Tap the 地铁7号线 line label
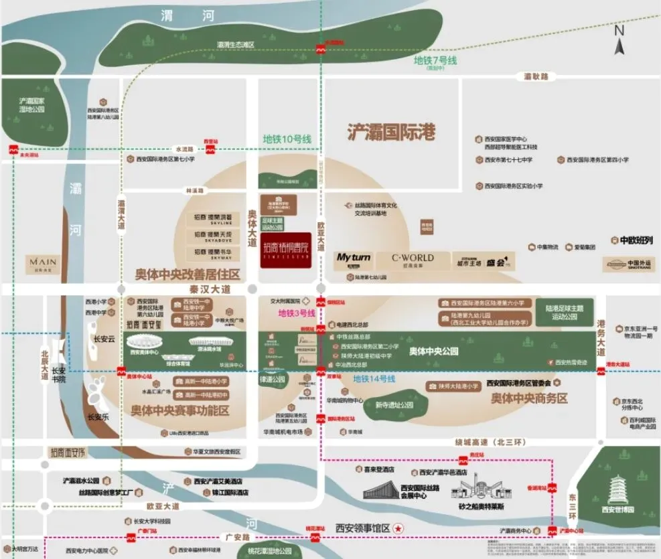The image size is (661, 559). coord(435,61)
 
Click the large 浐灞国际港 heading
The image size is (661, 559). coord(391,132)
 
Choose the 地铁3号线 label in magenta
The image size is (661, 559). coord(296,313)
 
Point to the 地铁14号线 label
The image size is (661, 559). coord(374,379)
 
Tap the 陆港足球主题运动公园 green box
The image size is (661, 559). coord(564,313)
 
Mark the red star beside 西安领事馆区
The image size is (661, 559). coord(399,528)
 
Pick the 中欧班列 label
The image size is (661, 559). coord(631,240)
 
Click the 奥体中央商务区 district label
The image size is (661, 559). coord(529,398)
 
